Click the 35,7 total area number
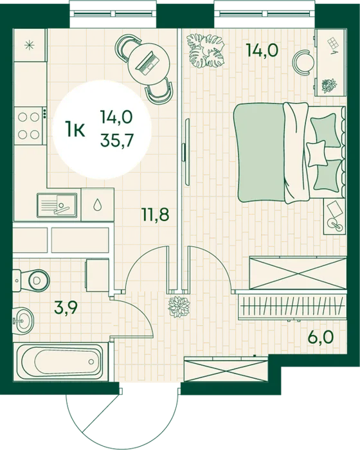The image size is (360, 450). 116,140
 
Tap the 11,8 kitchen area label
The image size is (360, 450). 156,214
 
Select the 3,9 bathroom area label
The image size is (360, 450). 66,309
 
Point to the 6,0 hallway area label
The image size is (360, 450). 321,337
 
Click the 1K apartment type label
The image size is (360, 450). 75,129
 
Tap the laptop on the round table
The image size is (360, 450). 148,62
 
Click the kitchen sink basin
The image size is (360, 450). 57,205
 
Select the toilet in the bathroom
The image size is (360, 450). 31,280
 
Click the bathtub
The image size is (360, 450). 61,361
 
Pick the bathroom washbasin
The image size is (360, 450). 23,319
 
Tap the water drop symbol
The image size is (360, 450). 98,204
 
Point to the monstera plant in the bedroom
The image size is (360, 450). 206,51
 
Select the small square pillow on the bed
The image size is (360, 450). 317,153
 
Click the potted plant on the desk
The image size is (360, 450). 329,85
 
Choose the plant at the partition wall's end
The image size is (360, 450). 179,307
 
